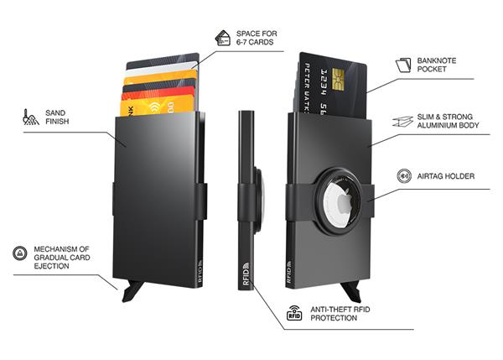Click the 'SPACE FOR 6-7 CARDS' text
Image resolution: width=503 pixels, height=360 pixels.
(x=257, y=39)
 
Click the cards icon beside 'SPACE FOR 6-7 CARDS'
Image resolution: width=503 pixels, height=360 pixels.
(x=224, y=38)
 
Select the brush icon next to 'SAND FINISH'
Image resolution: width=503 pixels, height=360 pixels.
(x=31, y=116)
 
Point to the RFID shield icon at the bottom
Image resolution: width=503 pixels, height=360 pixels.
(x=294, y=315)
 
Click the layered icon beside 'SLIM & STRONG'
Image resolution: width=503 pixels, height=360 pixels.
(x=400, y=122)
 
